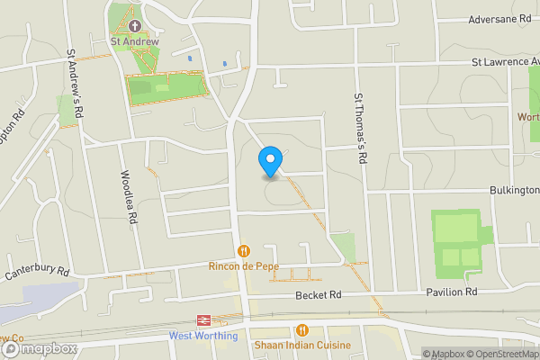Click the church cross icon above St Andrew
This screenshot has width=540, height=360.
point(134,25)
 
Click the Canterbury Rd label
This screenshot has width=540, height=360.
point(37,272)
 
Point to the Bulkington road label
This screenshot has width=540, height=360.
point(514,190)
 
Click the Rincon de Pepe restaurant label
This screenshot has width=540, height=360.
point(243,266)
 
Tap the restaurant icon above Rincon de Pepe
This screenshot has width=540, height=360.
point(243,251)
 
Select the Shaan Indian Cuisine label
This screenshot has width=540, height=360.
point(302,346)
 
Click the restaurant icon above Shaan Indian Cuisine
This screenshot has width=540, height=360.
point(302,330)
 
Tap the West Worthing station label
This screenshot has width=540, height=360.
point(204,337)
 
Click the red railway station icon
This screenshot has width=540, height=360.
point(204,320)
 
